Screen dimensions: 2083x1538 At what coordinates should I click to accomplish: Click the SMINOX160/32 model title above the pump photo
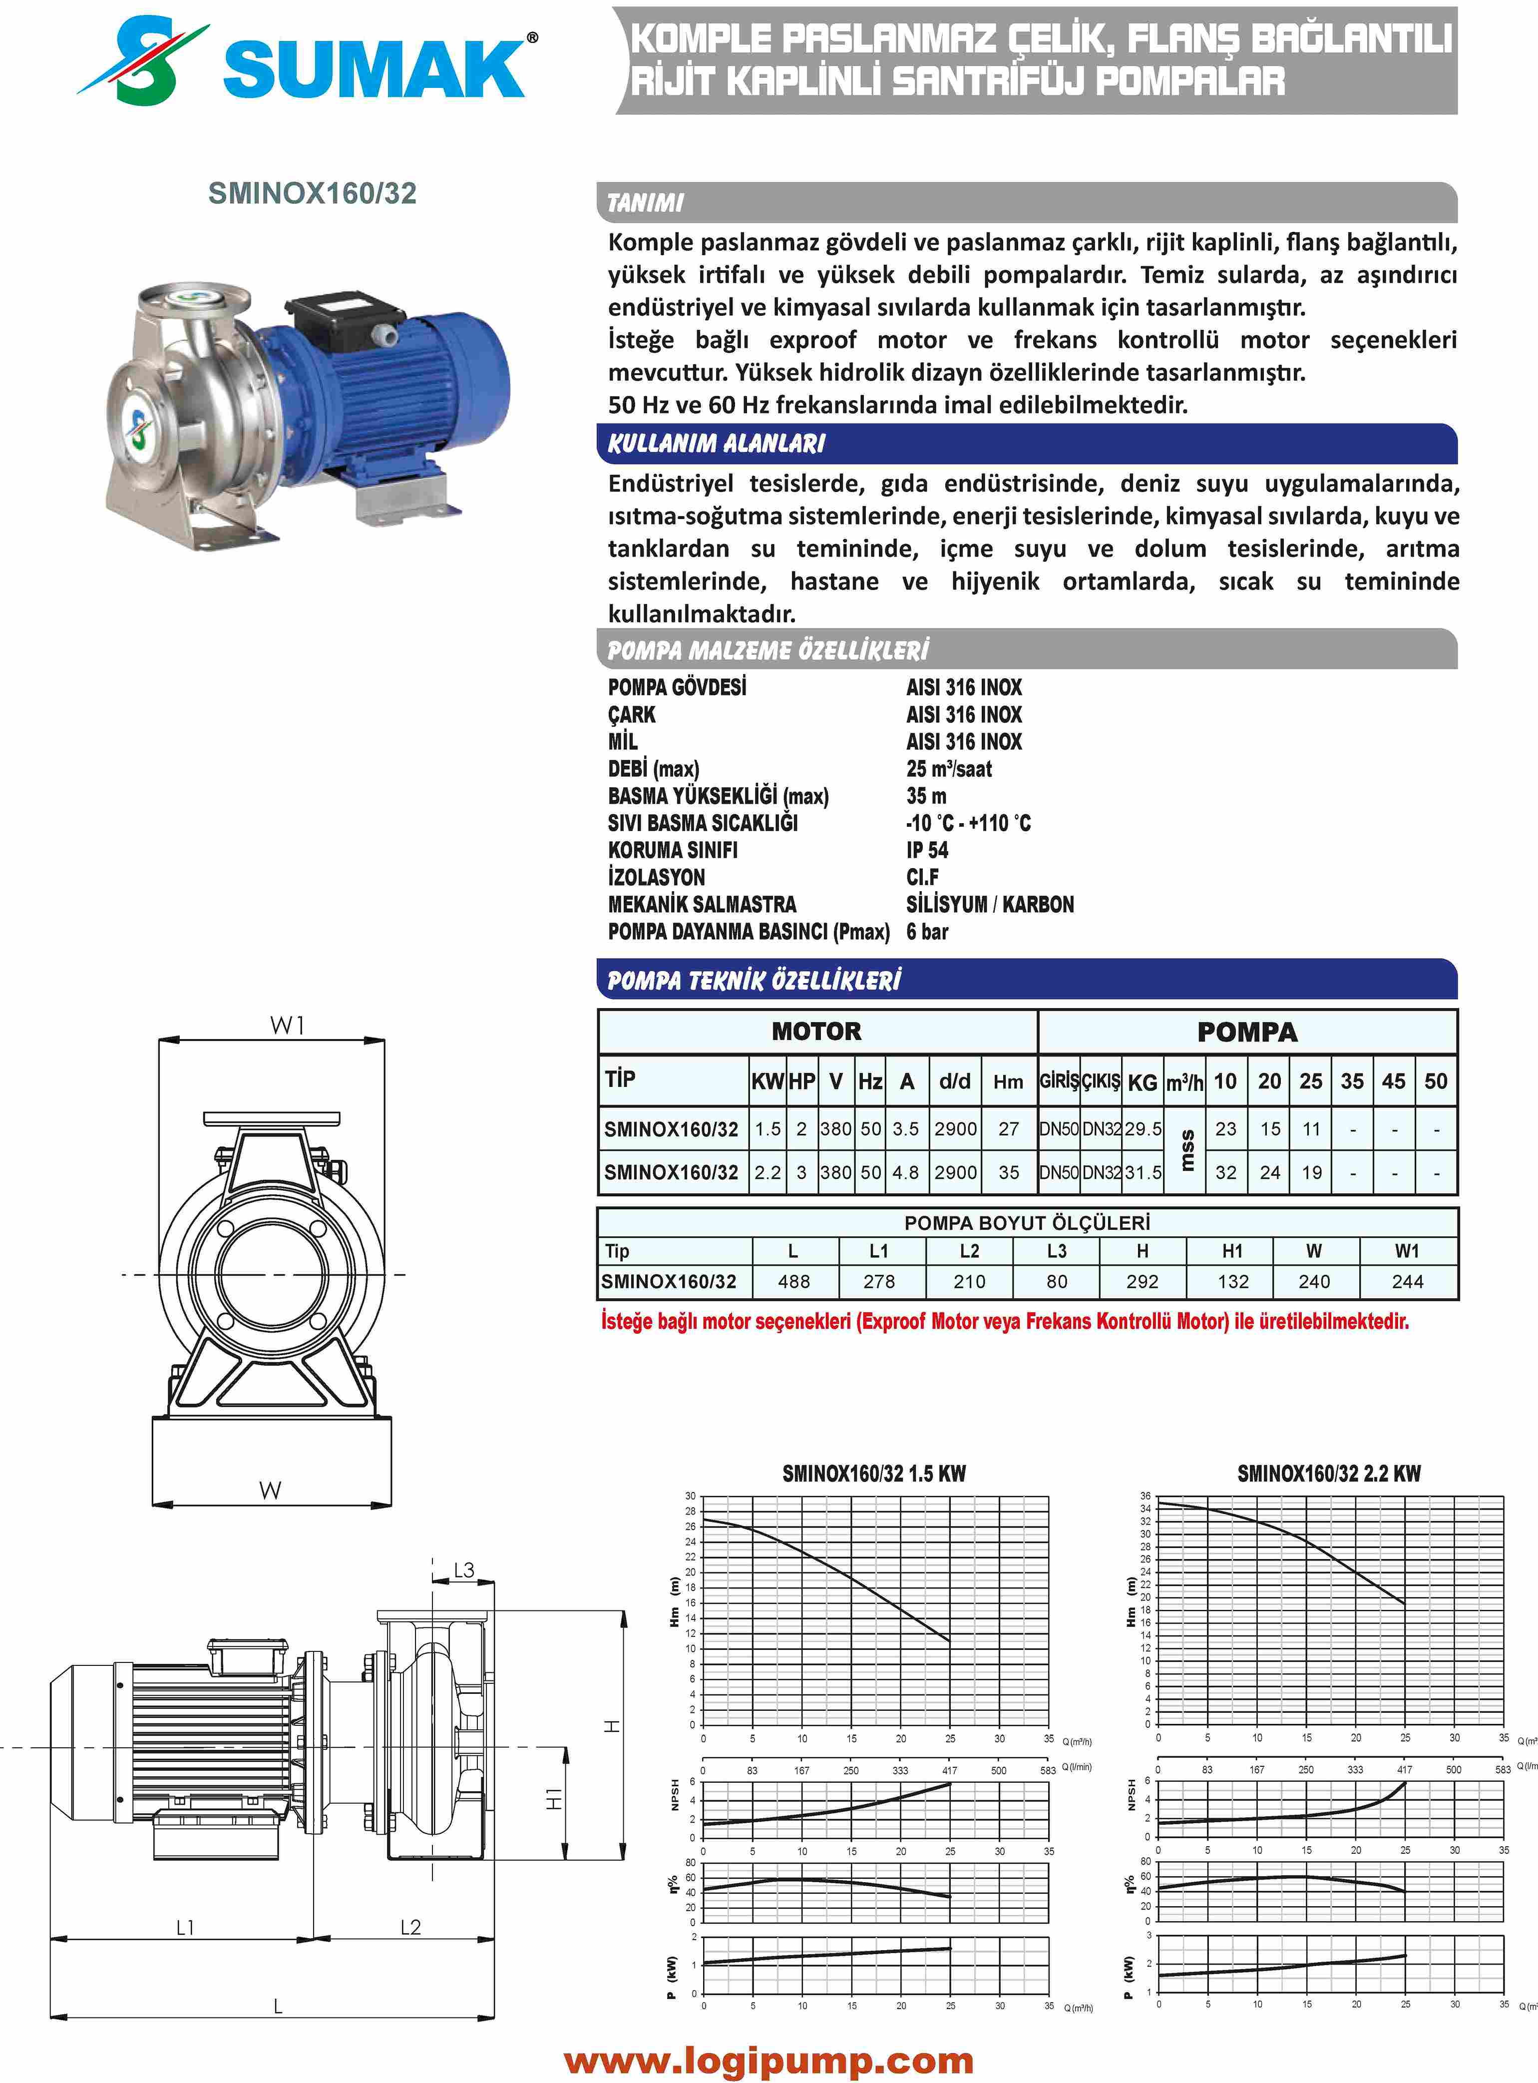[x=312, y=194]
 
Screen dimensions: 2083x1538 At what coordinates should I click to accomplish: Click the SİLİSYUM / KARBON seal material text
[x=990, y=904]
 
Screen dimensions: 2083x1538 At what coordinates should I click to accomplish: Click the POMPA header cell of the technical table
[x=1246, y=1032]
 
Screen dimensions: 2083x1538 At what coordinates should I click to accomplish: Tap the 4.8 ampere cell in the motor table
[x=905, y=1172]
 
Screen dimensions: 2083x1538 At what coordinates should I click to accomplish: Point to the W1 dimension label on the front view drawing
[x=288, y=1025]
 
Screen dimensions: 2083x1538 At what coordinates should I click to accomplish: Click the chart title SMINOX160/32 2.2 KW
[x=1329, y=1473]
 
